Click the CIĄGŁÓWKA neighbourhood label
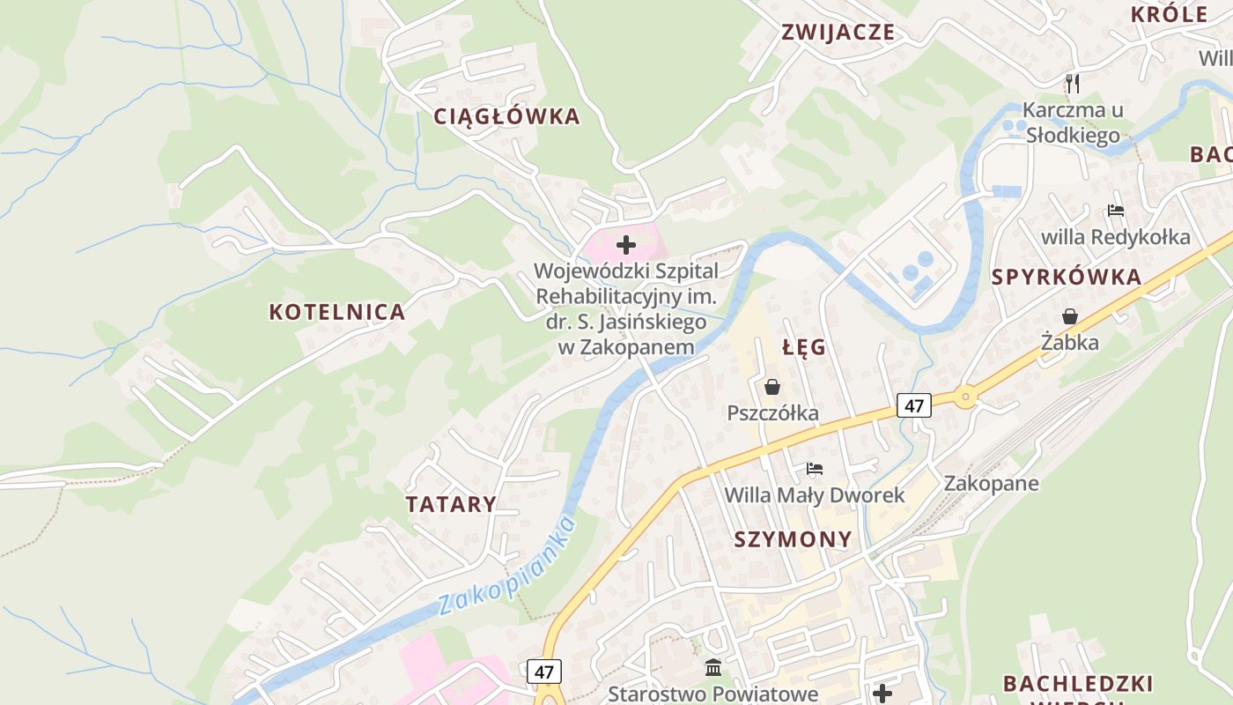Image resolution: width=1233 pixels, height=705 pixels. point(506,116)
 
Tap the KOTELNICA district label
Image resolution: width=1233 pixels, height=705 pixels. point(336,312)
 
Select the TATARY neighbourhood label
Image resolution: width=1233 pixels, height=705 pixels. point(451,505)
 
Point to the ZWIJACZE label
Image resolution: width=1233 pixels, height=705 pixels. point(838,33)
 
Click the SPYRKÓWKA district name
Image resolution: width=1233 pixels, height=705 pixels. point(1067,277)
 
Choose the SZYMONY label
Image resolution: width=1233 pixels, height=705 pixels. point(793,539)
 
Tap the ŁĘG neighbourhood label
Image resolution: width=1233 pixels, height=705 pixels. point(804,347)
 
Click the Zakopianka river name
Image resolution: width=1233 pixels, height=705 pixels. point(507,567)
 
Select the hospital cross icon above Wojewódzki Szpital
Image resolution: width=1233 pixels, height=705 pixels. point(626,244)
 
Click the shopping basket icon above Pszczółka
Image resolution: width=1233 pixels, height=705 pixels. point(772,387)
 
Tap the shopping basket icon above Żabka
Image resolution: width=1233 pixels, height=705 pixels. point(1070,316)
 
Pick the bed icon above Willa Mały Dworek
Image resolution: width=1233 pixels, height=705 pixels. point(815,469)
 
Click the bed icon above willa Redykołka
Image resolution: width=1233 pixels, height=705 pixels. point(1116,211)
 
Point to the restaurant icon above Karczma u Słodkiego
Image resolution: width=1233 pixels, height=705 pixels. point(1072,84)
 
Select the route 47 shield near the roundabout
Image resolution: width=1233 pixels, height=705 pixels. point(914,405)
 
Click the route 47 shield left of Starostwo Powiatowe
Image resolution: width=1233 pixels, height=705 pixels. point(544,672)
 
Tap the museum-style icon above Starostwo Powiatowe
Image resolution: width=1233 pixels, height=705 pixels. point(713,668)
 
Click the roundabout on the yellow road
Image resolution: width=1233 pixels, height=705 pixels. point(966,397)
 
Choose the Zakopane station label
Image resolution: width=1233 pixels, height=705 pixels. point(991,484)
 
